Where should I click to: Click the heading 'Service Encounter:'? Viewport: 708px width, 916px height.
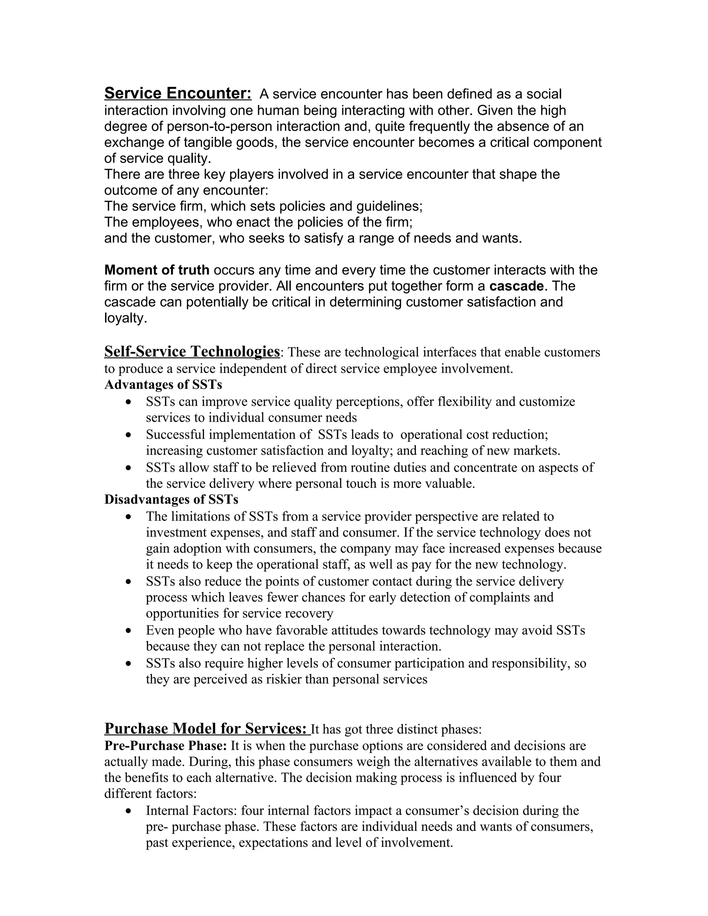[178, 93]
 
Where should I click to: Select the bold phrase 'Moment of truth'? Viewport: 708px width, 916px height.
[157, 270]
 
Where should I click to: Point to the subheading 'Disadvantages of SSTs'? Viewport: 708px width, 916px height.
[171, 499]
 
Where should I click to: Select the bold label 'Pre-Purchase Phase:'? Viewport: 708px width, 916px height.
[166, 746]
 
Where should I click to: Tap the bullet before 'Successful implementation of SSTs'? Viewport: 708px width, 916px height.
[129, 435]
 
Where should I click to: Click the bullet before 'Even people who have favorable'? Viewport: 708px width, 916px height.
[129, 631]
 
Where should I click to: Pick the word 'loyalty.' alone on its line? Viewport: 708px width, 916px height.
[126, 318]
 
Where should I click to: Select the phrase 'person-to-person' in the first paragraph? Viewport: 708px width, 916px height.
[220, 127]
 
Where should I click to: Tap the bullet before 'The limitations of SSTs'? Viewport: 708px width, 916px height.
[129, 517]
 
